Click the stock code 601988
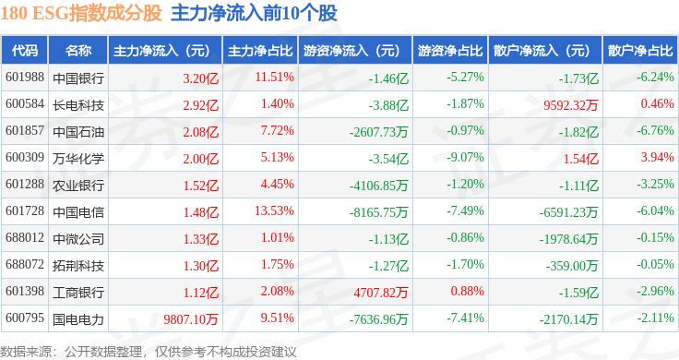pos(25,78)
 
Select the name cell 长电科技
pos(78,105)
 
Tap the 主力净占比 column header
pos(260,51)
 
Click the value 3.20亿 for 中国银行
pos(200,78)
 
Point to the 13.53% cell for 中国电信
pos(275,211)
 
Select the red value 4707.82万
pos(381,293)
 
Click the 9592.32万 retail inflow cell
pos(571,105)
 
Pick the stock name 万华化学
pos(78,159)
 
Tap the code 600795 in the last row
pos(25,318)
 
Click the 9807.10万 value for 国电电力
pos(191,319)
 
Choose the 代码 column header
pos(25,51)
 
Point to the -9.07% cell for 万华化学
pos(465,157)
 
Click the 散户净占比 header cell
pos(640,51)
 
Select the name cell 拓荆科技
pos(78,266)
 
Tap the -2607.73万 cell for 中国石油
pos(378,132)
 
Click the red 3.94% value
pos(657,157)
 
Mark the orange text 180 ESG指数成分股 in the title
pos(81,13)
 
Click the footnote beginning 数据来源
pos(149,352)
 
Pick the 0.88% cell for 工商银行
pos(467,291)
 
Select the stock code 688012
pos(25,238)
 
